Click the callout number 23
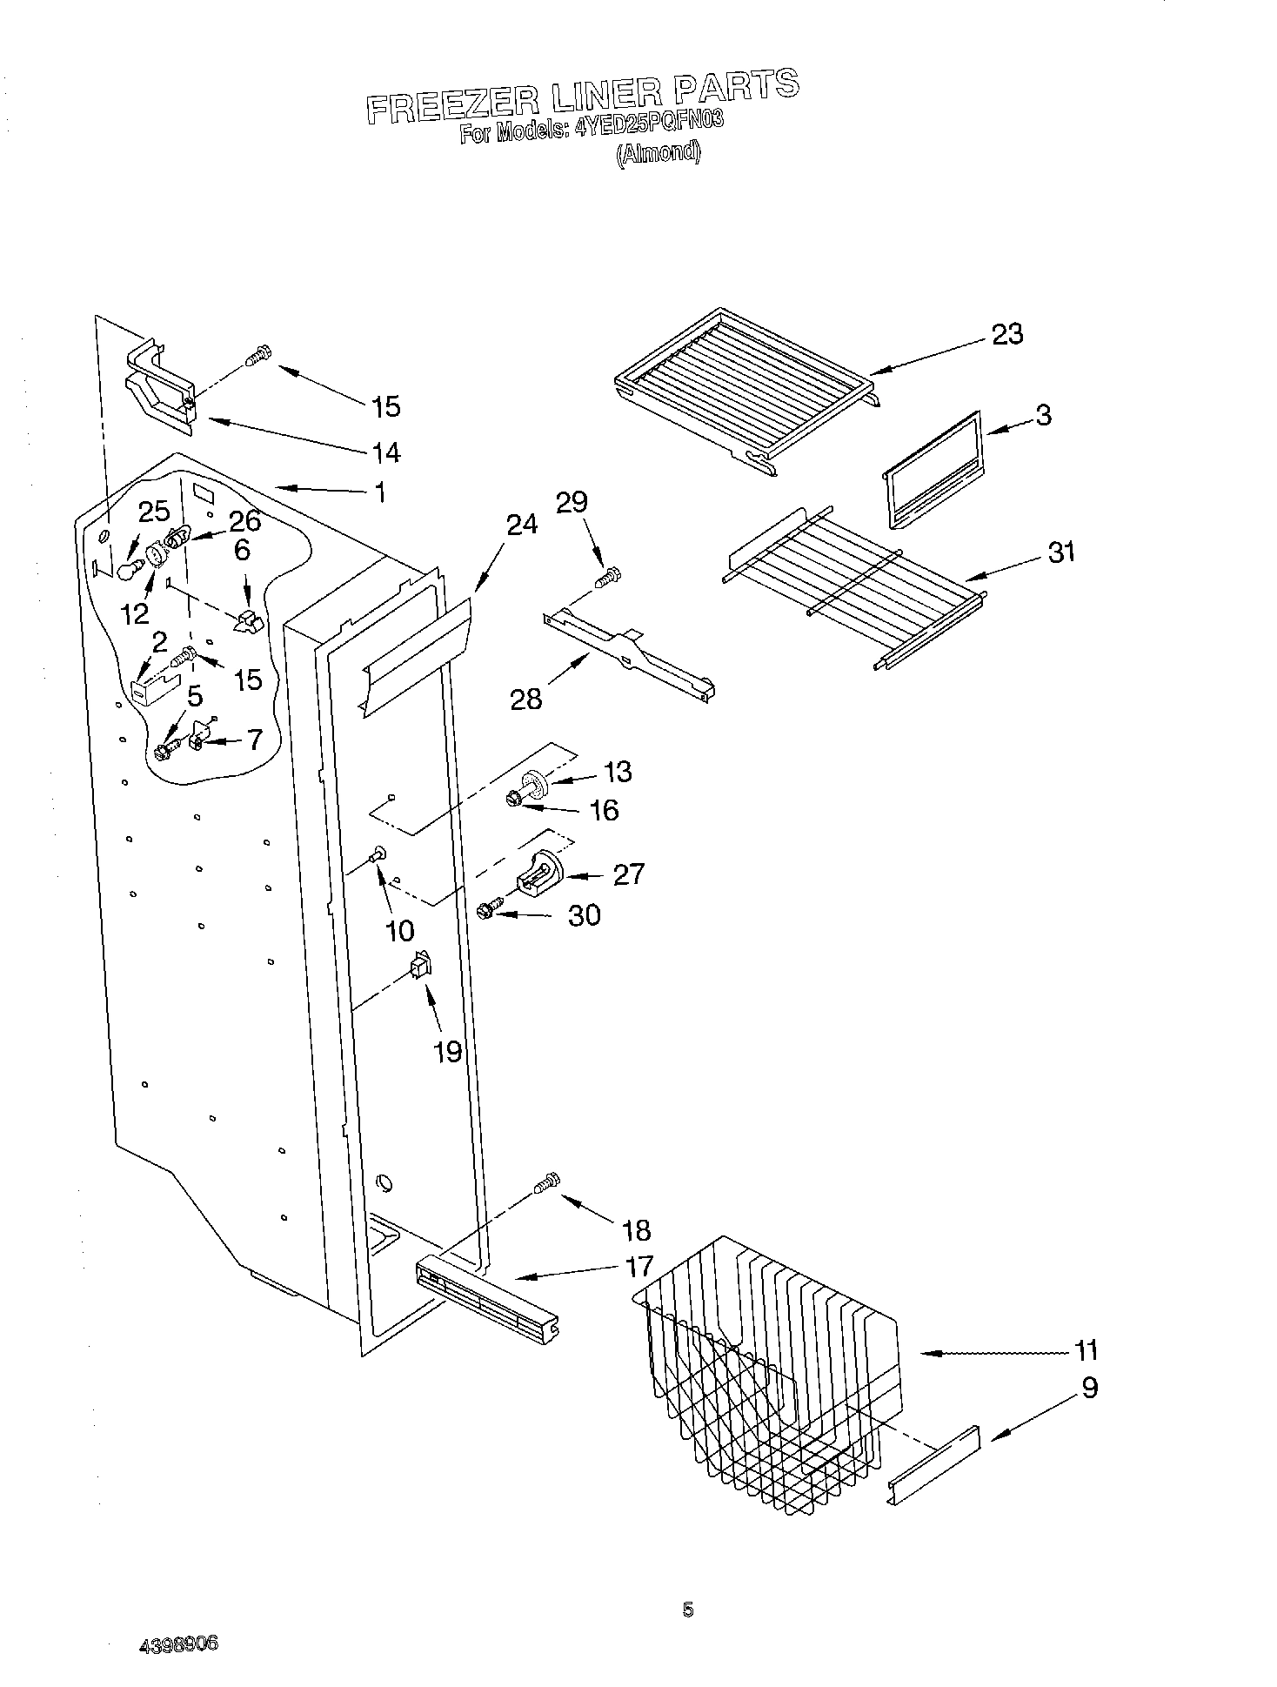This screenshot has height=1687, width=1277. pyautogui.click(x=1007, y=334)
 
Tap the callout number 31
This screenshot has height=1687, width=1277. pyautogui.click(x=1061, y=552)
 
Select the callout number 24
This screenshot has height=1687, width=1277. pyautogui.click(x=521, y=525)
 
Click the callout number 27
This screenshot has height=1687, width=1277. pyautogui.click(x=628, y=873)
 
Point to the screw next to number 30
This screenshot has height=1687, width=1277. pyautogui.click(x=487, y=909)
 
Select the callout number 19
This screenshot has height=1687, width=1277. pyautogui.click(x=448, y=1052)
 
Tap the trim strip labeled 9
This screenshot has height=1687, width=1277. pyautogui.click(x=933, y=1463)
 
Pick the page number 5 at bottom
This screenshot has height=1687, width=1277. pyautogui.click(x=688, y=1610)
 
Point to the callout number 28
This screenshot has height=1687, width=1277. pyautogui.click(x=526, y=698)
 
